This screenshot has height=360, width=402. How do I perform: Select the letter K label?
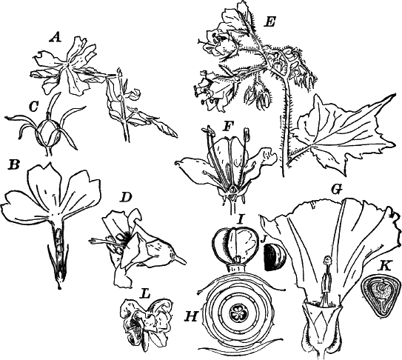point(385,264)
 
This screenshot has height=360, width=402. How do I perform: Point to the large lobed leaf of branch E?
point(340,129)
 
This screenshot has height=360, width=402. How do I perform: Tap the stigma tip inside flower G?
point(326,260)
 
